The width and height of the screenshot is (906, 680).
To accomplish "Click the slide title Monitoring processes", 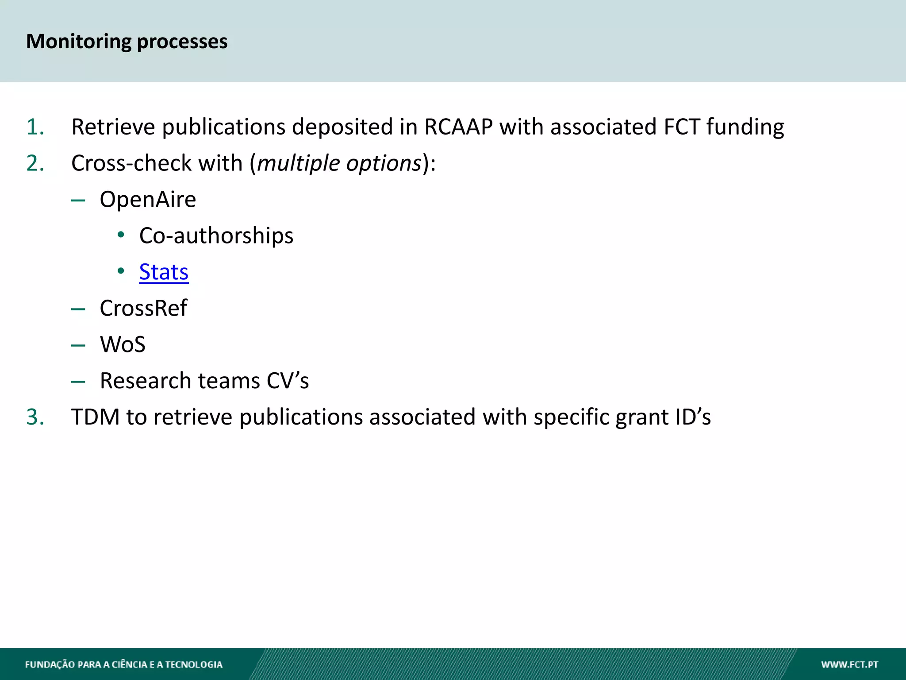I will point(127,42).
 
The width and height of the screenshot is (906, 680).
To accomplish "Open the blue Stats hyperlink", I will point(164,272).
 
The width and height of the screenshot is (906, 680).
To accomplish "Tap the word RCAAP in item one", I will point(458,127).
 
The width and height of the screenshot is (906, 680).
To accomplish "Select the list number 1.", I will point(35,127).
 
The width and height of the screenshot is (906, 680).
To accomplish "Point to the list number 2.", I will point(35,163).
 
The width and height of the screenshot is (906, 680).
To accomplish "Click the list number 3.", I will point(35,417).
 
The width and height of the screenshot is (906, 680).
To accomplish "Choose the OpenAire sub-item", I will point(148,200).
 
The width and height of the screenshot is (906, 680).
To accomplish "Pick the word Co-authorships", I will point(216,236).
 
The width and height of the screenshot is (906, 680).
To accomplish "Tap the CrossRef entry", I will point(143,308).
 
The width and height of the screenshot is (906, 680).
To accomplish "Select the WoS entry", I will point(123,344).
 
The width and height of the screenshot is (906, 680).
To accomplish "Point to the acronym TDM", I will point(96,417).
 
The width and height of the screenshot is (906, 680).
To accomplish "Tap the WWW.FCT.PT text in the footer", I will point(849,665).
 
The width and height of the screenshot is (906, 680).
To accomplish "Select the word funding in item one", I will point(745,127).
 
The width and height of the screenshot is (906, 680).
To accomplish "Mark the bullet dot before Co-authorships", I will point(121,235).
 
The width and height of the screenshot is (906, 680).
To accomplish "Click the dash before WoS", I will point(78,345).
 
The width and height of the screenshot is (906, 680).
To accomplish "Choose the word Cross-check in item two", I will point(131,163).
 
